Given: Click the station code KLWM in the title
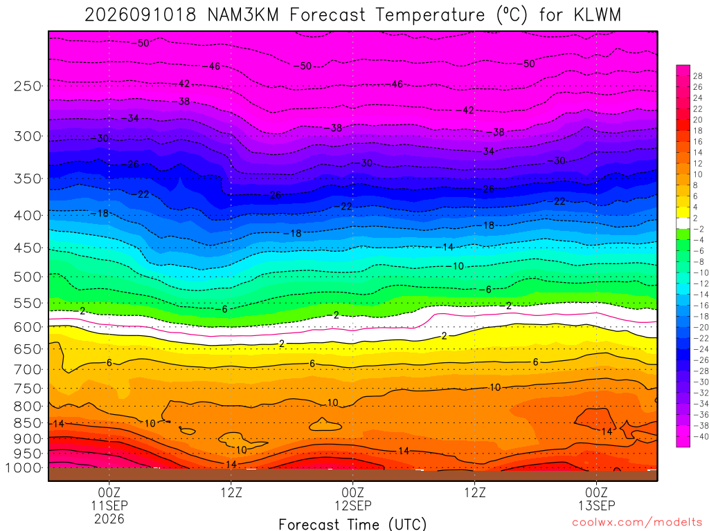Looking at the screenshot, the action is pos(598,15).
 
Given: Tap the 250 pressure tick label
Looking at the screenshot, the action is pos(28,86).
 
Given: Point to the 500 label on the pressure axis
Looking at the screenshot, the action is pos(28,277).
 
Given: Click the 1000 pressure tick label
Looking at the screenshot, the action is pos(24,468).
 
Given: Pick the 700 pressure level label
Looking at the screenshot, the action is pos(28,369).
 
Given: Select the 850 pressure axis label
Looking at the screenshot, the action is pos(28,423).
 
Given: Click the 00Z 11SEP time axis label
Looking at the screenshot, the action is pos(109,499).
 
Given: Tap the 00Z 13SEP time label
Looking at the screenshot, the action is pos(596,499).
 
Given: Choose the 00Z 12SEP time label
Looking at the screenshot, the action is pos(352,499).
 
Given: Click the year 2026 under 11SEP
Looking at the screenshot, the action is pos(109,519).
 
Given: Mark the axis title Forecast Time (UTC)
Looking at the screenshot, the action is pos(352,524).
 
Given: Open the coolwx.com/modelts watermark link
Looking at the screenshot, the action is pos(637,523).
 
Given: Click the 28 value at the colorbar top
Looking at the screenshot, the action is pos(698,76).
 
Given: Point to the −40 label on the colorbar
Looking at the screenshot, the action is pos(698,436).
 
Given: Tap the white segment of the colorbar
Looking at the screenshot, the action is pos(683,223).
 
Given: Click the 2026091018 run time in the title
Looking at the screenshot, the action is pos(141,15).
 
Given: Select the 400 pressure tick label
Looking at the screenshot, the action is pos(28,216).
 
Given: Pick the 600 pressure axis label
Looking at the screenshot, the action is pos(28,327).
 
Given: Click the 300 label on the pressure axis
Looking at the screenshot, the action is pos(28,136).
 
